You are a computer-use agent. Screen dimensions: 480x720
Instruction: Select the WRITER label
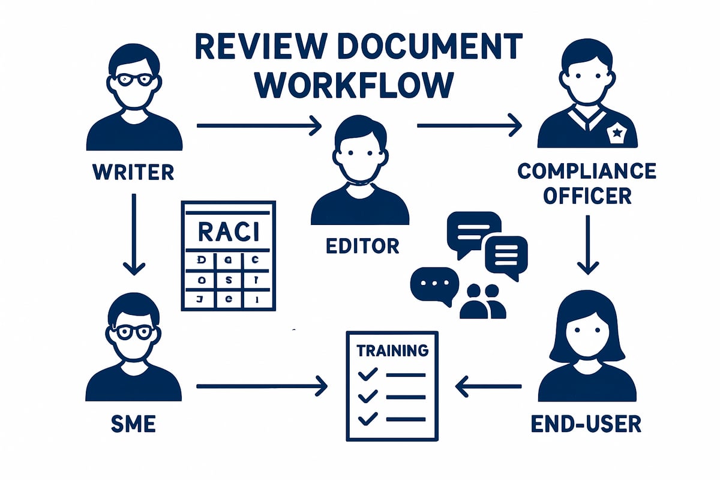pos(133,172)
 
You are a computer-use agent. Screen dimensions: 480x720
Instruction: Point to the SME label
pos(133,424)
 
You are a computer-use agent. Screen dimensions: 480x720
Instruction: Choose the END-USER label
pos(587,424)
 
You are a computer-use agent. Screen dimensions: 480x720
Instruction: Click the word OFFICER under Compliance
pos(587,196)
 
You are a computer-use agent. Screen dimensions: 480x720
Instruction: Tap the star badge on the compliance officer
pos(616,133)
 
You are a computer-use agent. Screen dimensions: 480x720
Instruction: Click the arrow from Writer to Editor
pos(259,125)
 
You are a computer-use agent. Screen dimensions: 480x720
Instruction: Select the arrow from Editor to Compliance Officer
pos(469,125)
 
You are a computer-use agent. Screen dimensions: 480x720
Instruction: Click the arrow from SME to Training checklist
pos(262,386)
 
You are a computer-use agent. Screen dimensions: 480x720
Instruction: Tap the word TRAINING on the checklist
pos(392,350)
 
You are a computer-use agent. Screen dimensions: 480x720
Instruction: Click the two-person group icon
pos(483,301)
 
